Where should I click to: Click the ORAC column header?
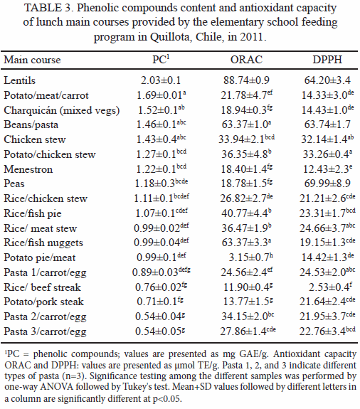246,60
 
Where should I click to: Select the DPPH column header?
327,60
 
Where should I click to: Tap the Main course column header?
32,60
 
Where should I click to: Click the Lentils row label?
20,80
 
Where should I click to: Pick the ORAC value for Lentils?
246,80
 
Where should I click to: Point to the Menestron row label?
28,169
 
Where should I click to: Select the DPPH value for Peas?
327,184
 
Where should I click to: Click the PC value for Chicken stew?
162,139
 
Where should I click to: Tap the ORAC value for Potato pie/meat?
250,257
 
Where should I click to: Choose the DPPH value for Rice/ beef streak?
329,287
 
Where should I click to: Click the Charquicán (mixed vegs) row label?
62,110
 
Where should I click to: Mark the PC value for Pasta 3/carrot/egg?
160,331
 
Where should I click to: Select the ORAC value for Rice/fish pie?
246,213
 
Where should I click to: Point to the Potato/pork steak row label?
43,302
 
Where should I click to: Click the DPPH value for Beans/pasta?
327,124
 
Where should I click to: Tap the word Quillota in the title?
171,37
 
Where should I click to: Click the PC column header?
161,60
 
